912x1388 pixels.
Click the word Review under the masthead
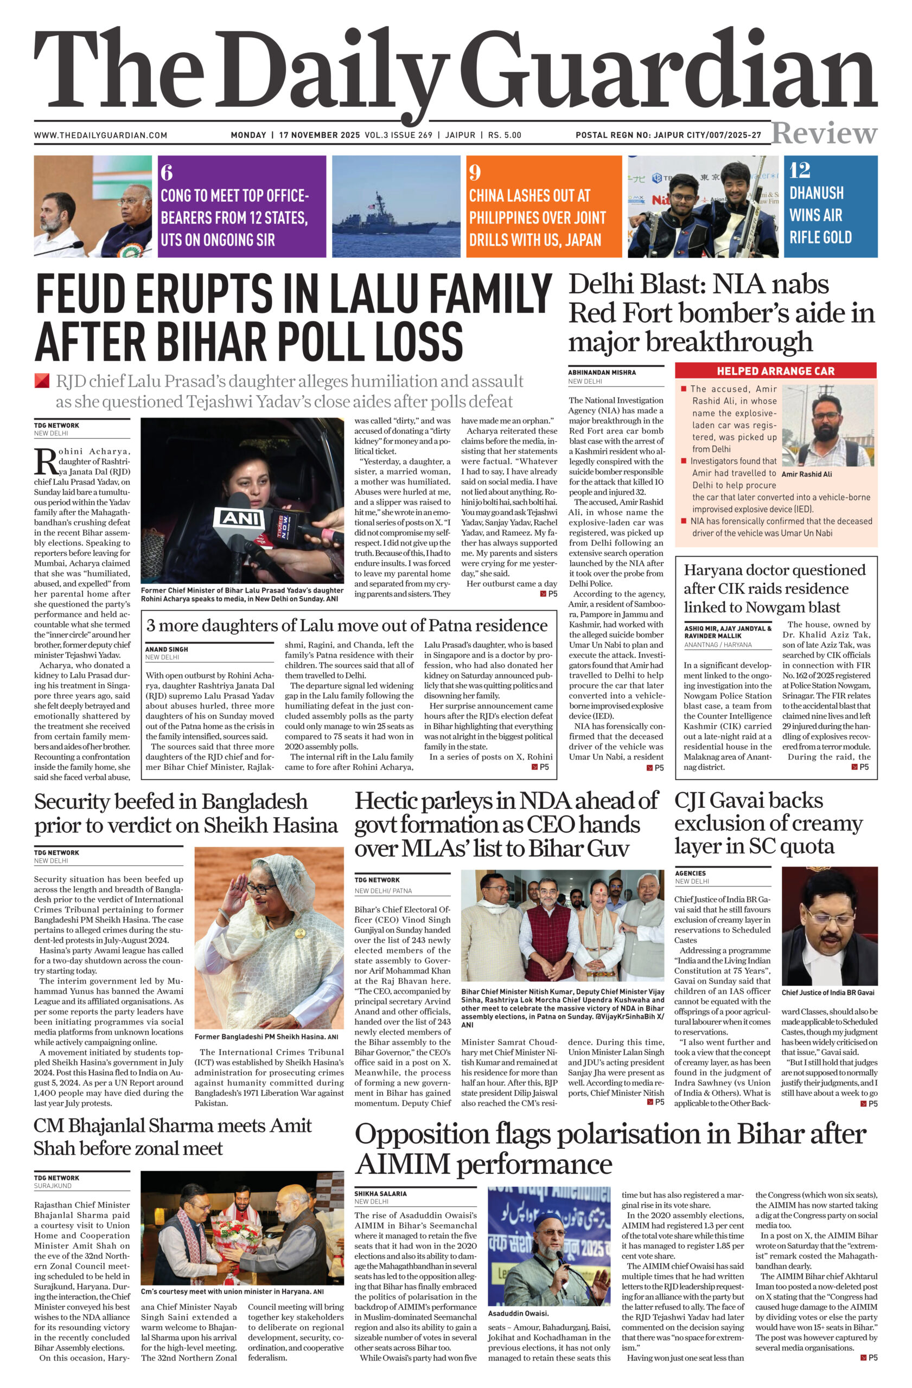(x=824, y=133)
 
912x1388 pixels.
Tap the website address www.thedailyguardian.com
(x=100, y=136)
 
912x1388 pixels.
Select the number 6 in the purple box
(x=167, y=172)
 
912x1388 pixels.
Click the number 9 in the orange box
(x=475, y=172)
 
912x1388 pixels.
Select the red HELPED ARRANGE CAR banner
(x=775, y=371)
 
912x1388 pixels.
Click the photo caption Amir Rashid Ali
(x=806, y=474)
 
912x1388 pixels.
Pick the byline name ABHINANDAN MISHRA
(x=602, y=372)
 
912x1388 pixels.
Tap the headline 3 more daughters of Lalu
(x=347, y=626)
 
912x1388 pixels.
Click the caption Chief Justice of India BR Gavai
(x=827, y=992)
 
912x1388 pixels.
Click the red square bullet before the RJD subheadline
(x=41, y=381)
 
